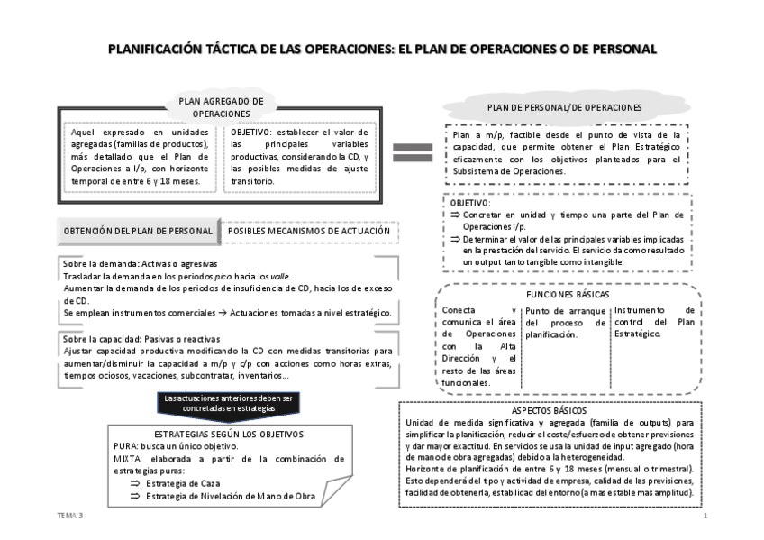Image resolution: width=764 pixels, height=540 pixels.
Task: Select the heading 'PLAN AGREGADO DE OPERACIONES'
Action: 221,108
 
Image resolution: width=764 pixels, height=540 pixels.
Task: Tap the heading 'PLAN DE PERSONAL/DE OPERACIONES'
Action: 565,107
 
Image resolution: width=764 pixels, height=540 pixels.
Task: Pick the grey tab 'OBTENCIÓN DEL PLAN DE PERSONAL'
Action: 137,231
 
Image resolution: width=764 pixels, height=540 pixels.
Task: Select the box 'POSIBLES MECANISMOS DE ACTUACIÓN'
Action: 309,231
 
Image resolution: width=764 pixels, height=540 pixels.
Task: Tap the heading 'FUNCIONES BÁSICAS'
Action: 567,295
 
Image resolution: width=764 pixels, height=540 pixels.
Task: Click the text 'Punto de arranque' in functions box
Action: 564,311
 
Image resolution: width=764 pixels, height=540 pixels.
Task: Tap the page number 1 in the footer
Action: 705,516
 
